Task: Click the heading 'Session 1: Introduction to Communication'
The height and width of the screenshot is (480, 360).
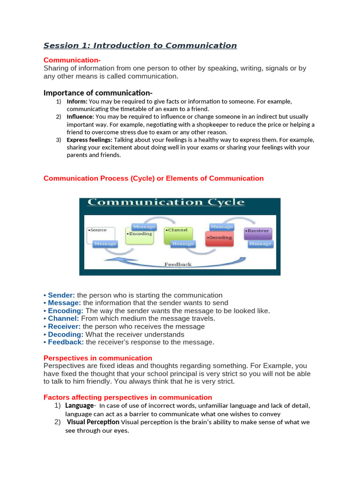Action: tap(140, 45)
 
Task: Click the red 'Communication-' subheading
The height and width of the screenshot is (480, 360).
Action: tap(72, 60)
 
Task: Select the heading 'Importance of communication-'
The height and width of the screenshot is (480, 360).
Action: tap(98, 92)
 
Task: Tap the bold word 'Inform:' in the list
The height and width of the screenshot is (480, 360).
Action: tap(77, 101)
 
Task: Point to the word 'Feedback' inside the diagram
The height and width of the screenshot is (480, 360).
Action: tap(178, 264)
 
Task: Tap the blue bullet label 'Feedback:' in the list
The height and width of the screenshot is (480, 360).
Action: tap(66, 342)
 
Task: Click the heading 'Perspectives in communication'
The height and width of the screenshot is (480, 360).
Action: tap(97, 358)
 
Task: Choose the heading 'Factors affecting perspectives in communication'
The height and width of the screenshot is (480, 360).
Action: tap(127, 397)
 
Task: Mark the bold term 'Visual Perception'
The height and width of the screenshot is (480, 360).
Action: tap(93, 422)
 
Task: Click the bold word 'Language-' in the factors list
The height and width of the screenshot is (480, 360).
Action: tap(81, 405)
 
